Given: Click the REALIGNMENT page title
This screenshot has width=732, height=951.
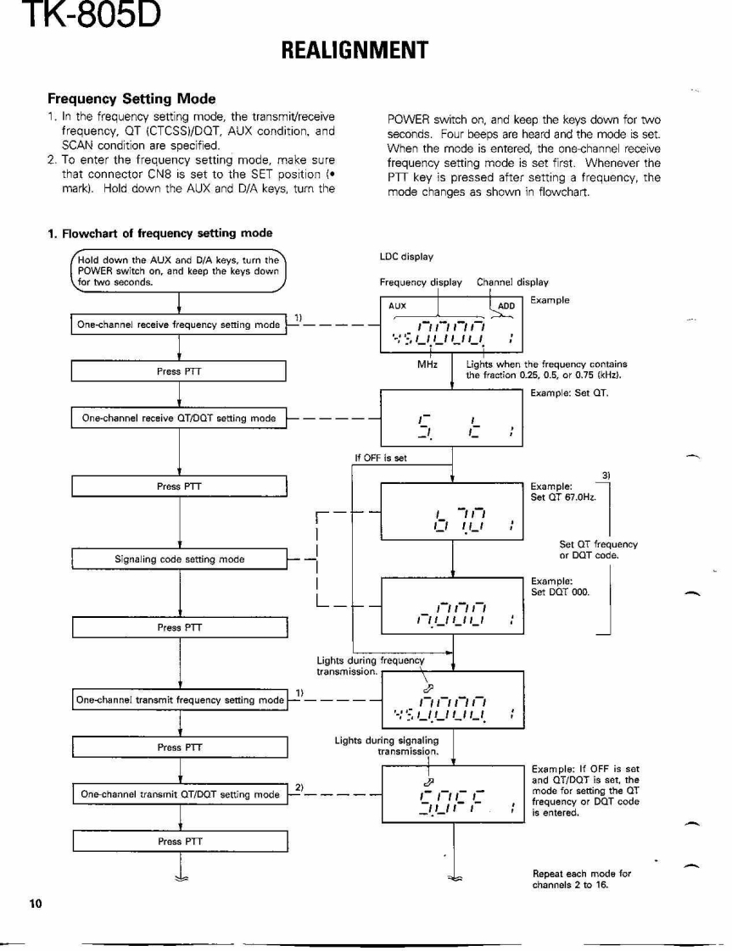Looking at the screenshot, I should [354, 51].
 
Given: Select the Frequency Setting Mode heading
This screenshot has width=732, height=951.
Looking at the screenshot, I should [131, 99].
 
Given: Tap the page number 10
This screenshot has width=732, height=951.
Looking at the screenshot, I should [35, 903].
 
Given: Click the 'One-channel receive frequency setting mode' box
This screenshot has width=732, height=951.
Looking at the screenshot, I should [178, 325].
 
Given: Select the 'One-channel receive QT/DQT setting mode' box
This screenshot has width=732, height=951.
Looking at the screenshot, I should [178, 418].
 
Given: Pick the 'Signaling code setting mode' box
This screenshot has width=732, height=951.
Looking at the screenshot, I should [179, 559].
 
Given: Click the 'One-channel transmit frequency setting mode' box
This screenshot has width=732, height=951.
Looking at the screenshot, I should [180, 700].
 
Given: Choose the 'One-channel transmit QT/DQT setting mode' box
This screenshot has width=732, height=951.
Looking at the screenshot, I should [180, 794].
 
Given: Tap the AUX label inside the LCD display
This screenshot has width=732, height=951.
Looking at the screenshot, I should [397, 306].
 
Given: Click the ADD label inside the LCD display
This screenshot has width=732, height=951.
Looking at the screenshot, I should [506, 306].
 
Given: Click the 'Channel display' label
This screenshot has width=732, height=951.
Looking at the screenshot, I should [512, 282].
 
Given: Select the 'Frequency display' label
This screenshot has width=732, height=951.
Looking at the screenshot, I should [421, 282].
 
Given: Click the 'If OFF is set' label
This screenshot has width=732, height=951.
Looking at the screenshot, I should [381, 458].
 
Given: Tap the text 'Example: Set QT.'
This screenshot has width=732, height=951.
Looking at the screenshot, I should [569, 393].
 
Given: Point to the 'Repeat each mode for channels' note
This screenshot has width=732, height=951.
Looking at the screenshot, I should [582, 879].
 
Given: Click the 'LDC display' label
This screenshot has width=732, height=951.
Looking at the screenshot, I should [406, 257].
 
